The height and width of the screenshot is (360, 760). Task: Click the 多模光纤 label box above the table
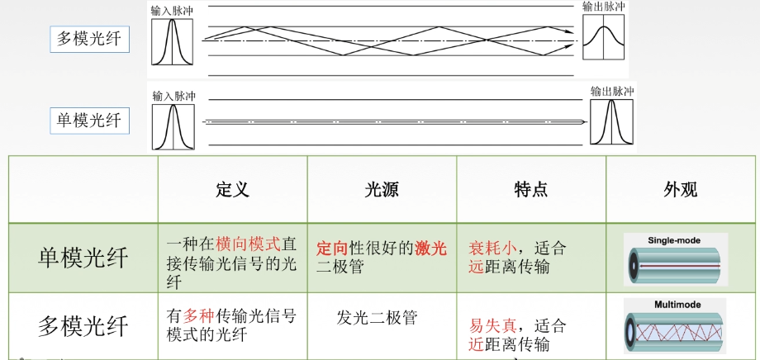(88, 39)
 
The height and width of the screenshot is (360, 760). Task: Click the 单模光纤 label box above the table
(88, 121)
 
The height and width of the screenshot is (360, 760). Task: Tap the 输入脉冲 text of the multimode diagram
(172, 11)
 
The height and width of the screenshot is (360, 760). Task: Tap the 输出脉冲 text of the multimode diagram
(603, 7)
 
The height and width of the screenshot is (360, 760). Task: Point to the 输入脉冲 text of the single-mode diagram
(173, 96)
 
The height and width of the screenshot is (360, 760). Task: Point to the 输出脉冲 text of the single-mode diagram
(611, 91)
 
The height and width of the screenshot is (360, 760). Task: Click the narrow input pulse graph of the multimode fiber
(172, 42)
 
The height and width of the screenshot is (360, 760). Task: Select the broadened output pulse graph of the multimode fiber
(603, 36)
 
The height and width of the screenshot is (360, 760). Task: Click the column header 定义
(232, 189)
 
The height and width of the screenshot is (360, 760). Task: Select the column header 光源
(382, 189)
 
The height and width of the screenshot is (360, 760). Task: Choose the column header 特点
(530, 189)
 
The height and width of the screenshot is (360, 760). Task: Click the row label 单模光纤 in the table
(83, 258)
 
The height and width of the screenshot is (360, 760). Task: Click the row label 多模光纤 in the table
(83, 324)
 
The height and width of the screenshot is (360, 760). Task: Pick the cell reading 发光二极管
(378, 317)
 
